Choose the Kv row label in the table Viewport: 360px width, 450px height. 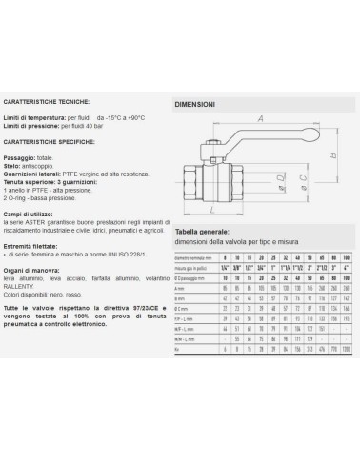tap(178, 349)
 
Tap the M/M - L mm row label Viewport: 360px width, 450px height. tap(186, 337)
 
